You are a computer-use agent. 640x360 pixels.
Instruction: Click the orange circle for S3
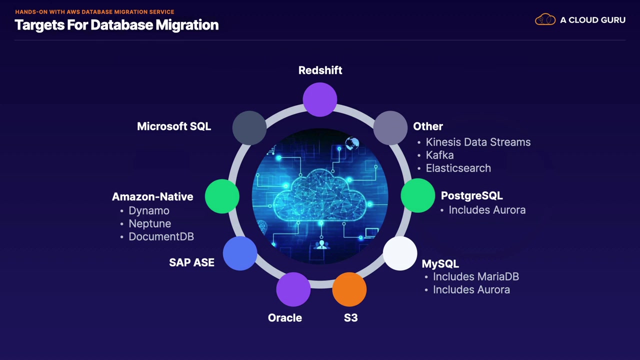click(x=349, y=289)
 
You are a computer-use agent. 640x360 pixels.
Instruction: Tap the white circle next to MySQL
click(x=400, y=253)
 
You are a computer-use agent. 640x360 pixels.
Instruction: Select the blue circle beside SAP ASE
click(x=240, y=253)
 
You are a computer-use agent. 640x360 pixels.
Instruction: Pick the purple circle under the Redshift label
click(x=320, y=99)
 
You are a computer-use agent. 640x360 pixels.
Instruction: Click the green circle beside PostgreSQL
click(x=417, y=195)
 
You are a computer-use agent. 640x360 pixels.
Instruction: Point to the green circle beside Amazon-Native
click(x=222, y=196)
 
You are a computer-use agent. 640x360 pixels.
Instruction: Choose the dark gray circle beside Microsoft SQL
click(x=249, y=127)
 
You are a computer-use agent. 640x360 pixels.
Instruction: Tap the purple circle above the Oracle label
click(x=293, y=289)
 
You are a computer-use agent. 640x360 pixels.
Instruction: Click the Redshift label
click(x=320, y=70)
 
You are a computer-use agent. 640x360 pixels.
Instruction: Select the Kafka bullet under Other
click(x=439, y=155)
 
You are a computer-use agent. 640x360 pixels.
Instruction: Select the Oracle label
click(x=285, y=317)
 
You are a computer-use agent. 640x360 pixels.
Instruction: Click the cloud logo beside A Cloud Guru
click(x=545, y=19)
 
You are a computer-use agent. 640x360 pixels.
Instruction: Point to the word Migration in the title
click(x=187, y=25)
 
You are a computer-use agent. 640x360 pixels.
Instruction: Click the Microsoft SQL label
click(x=174, y=126)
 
